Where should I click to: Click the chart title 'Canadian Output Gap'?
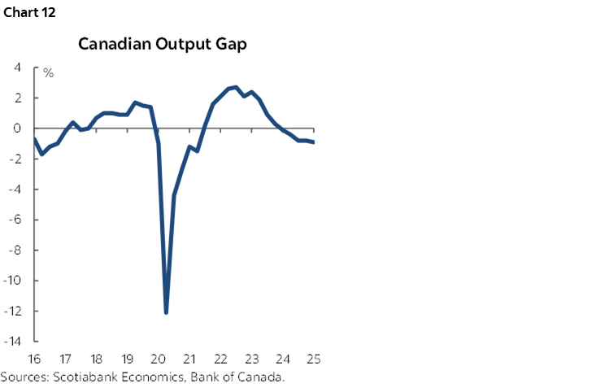(x=163, y=44)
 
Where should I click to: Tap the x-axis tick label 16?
(x=35, y=359)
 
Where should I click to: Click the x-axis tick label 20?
(x=159, y=359)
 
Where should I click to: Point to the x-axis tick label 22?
(x=220, y=359)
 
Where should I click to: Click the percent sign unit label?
(x=49, y=74)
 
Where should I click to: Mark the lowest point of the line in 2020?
(x=166, y=312)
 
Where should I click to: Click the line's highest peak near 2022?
(x=235, y=87)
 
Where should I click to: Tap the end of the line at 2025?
(x=315, y=142)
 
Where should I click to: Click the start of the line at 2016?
(x=35, y=139)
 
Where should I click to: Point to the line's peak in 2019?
(x=135, y=102)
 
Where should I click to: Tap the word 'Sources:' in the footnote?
(x=24, y=377)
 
